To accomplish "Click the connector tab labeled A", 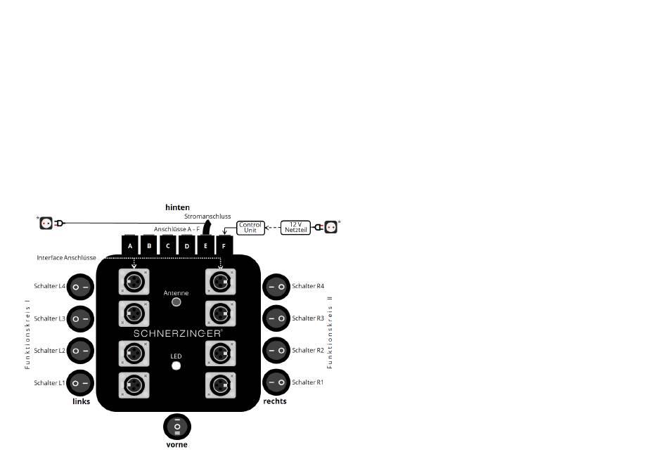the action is (130, 245).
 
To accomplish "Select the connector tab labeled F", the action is (224, 245).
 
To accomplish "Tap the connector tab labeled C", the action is (167, 245).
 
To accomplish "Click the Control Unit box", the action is (250, 228).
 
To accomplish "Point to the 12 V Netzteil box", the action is (295, 228).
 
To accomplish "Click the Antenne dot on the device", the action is (176, 302).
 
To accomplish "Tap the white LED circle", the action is (176, 366).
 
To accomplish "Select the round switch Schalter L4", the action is (80, 287).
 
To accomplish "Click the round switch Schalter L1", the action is (80, 382).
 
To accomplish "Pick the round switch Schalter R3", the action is (276, 318).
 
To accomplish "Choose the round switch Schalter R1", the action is (276, 382).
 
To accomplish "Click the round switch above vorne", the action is (177, 426).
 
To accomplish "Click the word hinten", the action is (177, 207).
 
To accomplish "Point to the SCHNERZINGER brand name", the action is (178, 333).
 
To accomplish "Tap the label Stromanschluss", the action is (207, 216).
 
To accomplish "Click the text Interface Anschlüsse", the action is (65, 258).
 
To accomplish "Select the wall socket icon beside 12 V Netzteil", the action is (330, 226).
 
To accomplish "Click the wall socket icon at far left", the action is (46, 223).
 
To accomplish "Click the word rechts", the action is (274, 401).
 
